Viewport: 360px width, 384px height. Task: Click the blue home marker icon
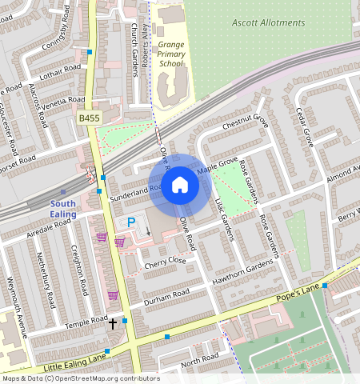pyautogui.click(x=180, y=186)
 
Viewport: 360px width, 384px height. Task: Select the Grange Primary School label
pyautogui.click(x=171, y=52)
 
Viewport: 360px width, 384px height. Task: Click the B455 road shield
pyautogui.click(x=90, y=118)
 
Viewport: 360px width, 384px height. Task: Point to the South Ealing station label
pyautogui.click(x=63, y=209)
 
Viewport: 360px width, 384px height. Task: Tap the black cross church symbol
pyautogui.click(x=113, y=324)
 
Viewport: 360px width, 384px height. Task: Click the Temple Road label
pyautogui.click(x=86, y=322)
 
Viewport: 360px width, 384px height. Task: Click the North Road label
pyautogui.click(x=199, y=362)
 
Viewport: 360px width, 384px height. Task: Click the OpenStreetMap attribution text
pyautogui.click(x=80, y=378)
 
